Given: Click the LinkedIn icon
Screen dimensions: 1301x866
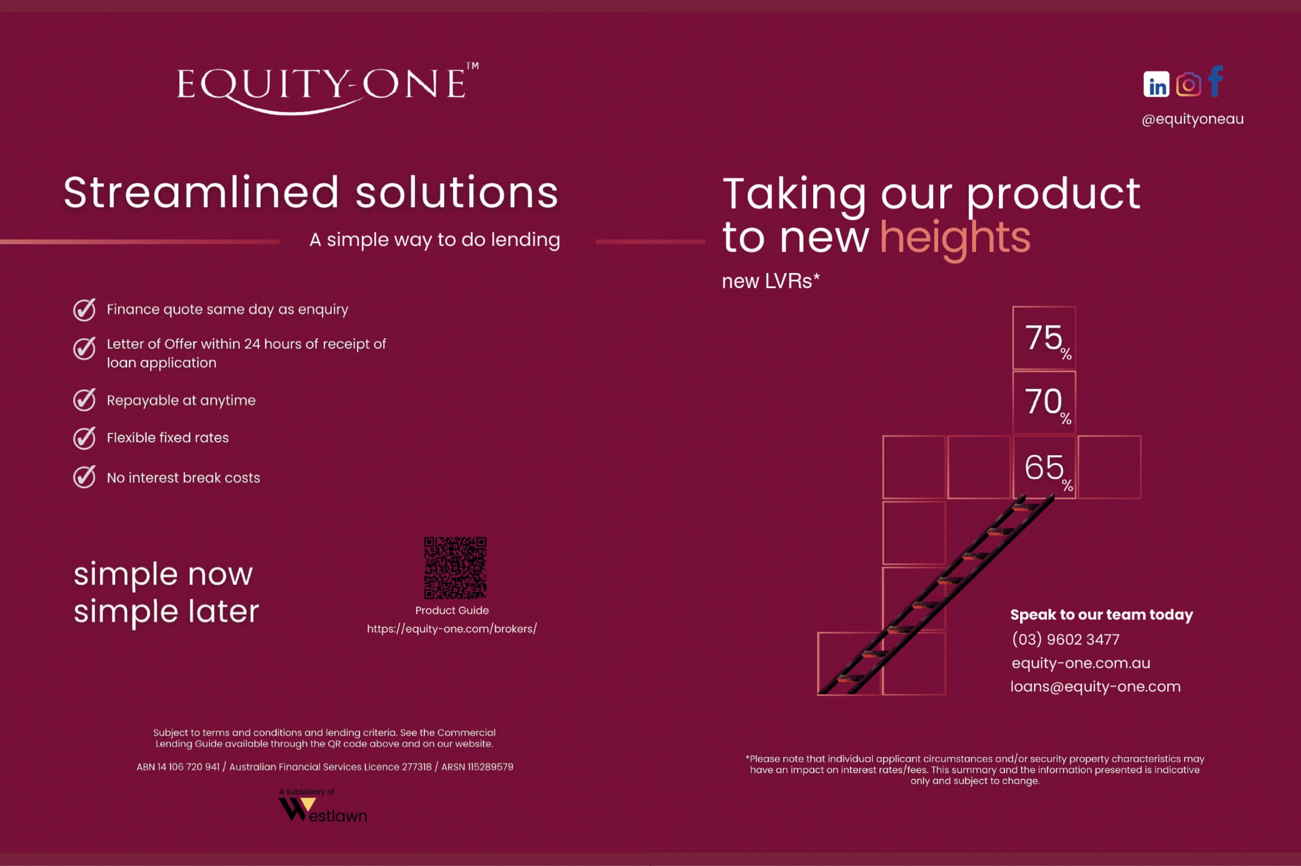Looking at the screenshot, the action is pos(1156,84).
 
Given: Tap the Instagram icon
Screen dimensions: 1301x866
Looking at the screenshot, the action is pos(1188,84).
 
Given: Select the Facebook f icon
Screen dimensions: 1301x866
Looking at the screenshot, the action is pos(1215,81).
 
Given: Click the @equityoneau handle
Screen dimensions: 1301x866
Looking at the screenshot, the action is pos(1193,119).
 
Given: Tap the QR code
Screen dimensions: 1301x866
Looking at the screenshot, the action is pos(455,568).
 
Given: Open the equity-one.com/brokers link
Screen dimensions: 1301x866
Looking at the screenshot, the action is pos(452,628).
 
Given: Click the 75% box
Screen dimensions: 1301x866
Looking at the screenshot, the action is pos(1044,338).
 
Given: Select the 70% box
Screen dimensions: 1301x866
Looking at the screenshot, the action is pos(1044,402).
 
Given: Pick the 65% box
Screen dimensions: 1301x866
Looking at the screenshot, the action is pos(1044,467).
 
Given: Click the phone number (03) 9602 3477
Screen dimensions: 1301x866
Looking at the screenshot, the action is pos(1066,640).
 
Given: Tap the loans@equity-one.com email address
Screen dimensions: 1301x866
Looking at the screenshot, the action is pos(1095,686).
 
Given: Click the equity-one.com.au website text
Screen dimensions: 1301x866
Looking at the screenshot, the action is pos(1081,663).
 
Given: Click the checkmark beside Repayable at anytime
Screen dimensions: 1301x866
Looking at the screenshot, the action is pos(84,399).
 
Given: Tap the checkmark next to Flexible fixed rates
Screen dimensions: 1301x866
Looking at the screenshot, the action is pos(84,438).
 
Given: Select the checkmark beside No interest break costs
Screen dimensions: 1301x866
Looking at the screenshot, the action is pos(84,477).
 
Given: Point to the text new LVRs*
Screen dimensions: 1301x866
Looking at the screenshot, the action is pos(771,281).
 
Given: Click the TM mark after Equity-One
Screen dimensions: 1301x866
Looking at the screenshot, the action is pos(473,66).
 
